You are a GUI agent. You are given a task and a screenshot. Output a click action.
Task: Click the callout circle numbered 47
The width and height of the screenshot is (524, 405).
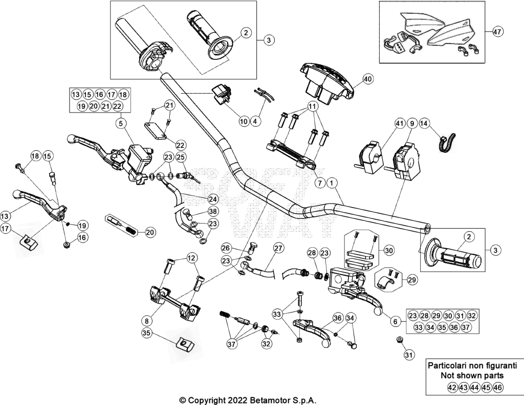tap(497, 32)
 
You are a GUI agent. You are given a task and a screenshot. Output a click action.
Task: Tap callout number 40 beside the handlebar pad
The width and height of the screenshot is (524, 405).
tap(367, 79)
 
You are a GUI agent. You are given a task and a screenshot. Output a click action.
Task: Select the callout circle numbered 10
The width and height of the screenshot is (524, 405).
tap(244, 121)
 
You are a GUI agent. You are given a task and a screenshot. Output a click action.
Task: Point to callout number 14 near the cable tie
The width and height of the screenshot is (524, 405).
tap(424, 124)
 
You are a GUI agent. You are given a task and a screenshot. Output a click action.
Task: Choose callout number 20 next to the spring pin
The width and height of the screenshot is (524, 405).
tap(150, 232)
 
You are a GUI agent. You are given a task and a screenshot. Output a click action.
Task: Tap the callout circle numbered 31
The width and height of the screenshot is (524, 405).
tap(408, 355)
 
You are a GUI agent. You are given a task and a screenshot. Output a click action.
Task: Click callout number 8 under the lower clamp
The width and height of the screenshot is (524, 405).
tap(146, 321)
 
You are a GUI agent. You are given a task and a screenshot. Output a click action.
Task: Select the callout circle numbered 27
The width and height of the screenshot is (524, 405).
tap(278, 248)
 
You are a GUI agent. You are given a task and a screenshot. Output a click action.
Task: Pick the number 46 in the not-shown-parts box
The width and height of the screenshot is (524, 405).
tap(497, 387)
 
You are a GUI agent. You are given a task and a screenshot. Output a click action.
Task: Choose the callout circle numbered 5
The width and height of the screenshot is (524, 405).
tap(121, 124)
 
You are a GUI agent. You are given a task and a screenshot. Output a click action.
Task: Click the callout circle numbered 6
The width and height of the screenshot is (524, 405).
tap(396, 321)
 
